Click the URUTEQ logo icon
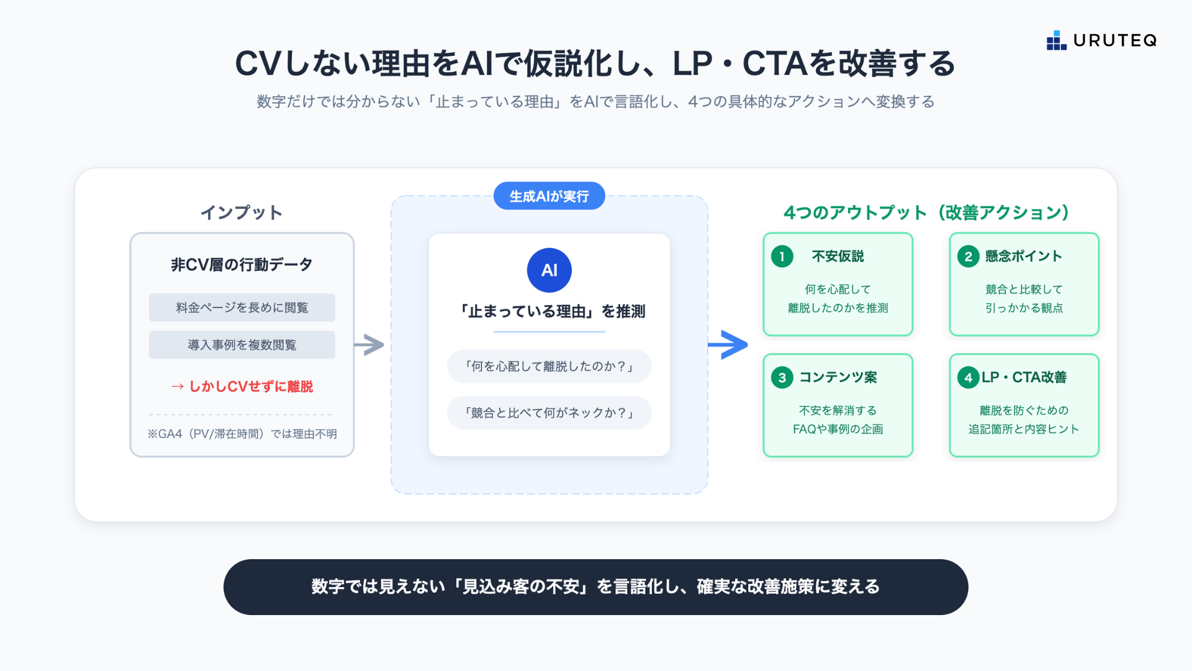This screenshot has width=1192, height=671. pyautogui.click(x=1056, y=40)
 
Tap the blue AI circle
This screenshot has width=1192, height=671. pyautogui.click(x=549, y=270)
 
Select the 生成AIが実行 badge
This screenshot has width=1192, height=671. pyautogui.click(x=549, y=196)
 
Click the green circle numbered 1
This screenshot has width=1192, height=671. pyautogui.click(x=782, y=256)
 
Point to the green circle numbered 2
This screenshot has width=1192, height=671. pyautogui.click(x=968, y=256)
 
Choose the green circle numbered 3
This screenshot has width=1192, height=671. pyautogui.click(x=782, y=377)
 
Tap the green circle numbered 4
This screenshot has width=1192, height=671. pyautogui.click(x=968, y=377)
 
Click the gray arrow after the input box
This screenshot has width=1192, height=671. pyautogui.click(x=369, y=345)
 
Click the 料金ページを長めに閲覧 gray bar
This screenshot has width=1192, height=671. pyautogui.click(x=242, y=308)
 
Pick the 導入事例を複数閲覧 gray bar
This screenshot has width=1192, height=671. pyautogui.click(x=242, y=345)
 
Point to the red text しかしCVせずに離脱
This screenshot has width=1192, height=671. pyautogui.click(x=242, y=386)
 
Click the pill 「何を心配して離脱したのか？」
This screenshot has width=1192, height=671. pyautogui.click(x=549, y=367)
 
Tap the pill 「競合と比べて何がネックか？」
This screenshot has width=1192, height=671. pyautogui.click(x=549, y=413)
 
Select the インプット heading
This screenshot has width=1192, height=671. pyautogui.click(x=242, y=212)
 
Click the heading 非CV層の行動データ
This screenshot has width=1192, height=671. pyautogui.click(x=242, y=265)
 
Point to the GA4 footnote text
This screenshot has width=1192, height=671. pyautogui.click(x=242, y=434)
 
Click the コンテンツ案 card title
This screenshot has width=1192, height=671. pyautogui.click(x=838, y=377)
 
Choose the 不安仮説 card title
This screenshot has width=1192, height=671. pyautogui.click(x=838, y=256)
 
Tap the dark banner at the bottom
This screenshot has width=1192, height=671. pyautogui.click(x=595, y=587)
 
